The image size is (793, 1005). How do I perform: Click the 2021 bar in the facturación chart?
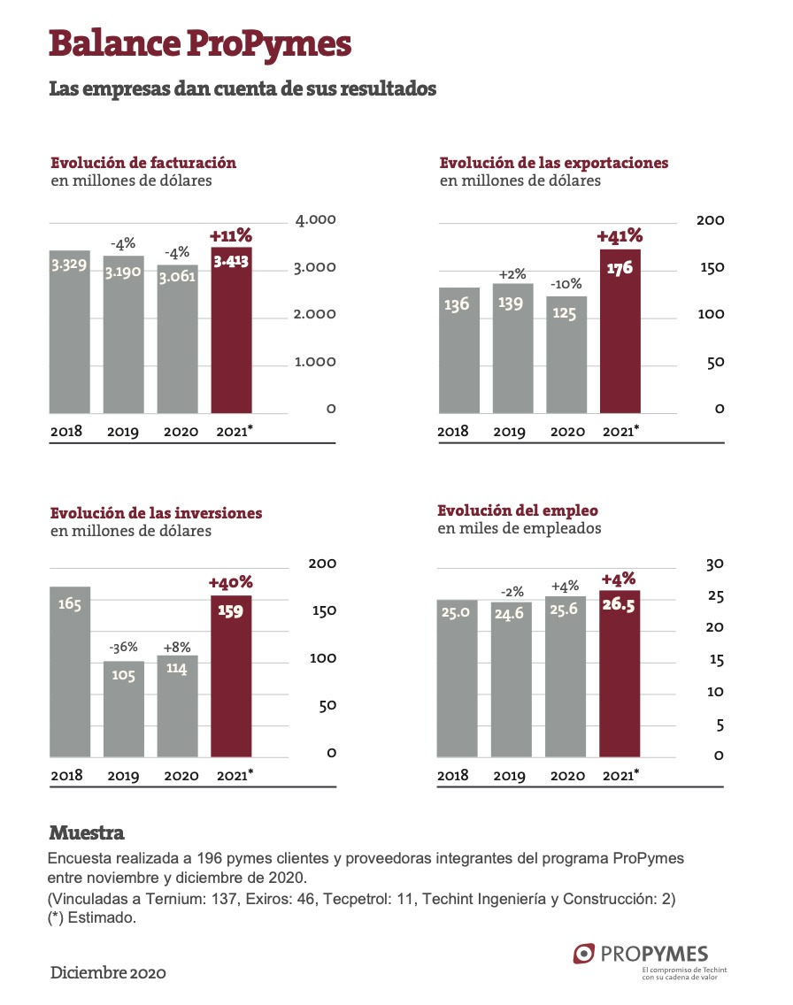tap(231, 330)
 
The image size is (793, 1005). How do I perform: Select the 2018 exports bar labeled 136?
tap(459, 350)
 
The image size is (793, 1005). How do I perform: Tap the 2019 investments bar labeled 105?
tap(124, 709)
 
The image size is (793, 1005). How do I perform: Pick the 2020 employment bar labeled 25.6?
tap(566, 677)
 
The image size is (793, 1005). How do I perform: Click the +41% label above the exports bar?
tap(620, 236)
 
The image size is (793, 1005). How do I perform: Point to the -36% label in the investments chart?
tap(123, 648)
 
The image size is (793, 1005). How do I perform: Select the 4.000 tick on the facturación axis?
tap(315, 219)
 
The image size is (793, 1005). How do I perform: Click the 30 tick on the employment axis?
tap(715, 564)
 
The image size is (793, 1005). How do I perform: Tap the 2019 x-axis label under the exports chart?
tap(510, 432)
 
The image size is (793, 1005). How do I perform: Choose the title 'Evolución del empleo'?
tap(518, 510)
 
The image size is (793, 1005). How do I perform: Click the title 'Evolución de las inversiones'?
tap(157, 513)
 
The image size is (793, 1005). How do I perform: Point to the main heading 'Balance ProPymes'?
tap(200, 43)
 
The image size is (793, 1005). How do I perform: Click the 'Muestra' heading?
tap(87, 832)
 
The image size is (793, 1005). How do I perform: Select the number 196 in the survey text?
tap(209, 858)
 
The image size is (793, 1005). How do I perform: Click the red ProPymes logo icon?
tap(583, 954)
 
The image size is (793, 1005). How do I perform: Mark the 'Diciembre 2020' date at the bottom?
tap(108, 973)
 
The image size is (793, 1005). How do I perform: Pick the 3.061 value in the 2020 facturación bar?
tap(178, 278)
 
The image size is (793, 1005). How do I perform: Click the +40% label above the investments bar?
tap(231, 583)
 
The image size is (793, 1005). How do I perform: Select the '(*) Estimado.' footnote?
tap(92, 917)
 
